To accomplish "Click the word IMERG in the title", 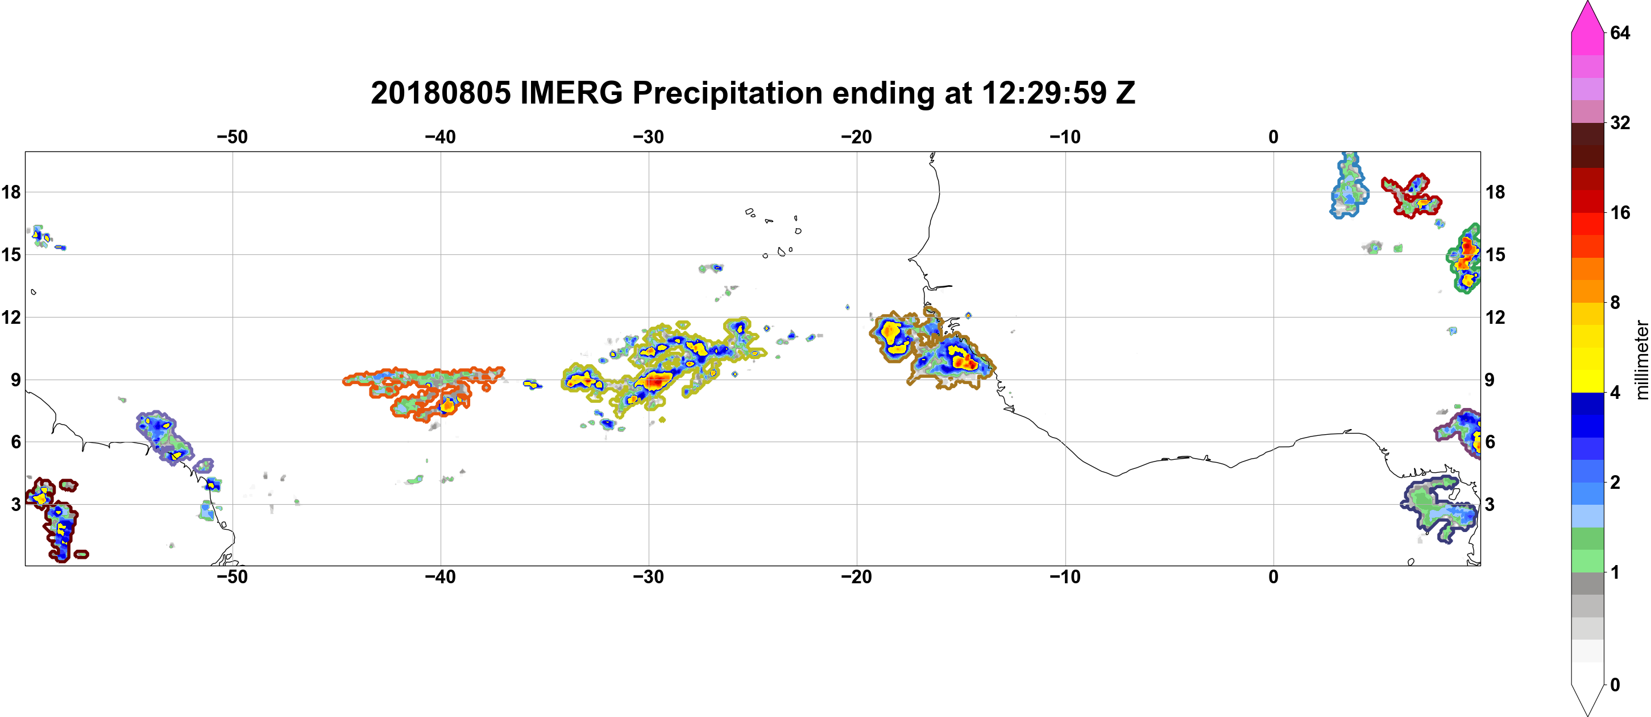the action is tap(571, 93).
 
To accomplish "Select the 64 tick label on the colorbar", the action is tap(1620, 32).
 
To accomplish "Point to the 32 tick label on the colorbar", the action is tap(1620, 122).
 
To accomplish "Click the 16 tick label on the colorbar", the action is tap(1620, 212).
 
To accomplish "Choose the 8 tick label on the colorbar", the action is tap(1615, 302).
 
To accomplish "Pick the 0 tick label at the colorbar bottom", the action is tap(1615, 685).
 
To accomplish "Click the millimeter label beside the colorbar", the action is tap(1641, 360).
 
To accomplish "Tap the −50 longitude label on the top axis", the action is tap(232, 137).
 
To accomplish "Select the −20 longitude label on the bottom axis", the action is tap(857, 577).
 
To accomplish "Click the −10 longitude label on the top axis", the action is tap(1065, 137).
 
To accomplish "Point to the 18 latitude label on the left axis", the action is tap(11, 192).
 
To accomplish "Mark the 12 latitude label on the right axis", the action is tap(1495, 317).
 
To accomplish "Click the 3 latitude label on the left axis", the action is tap(15, 504).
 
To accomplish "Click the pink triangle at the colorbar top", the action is tap(1587, 16).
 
